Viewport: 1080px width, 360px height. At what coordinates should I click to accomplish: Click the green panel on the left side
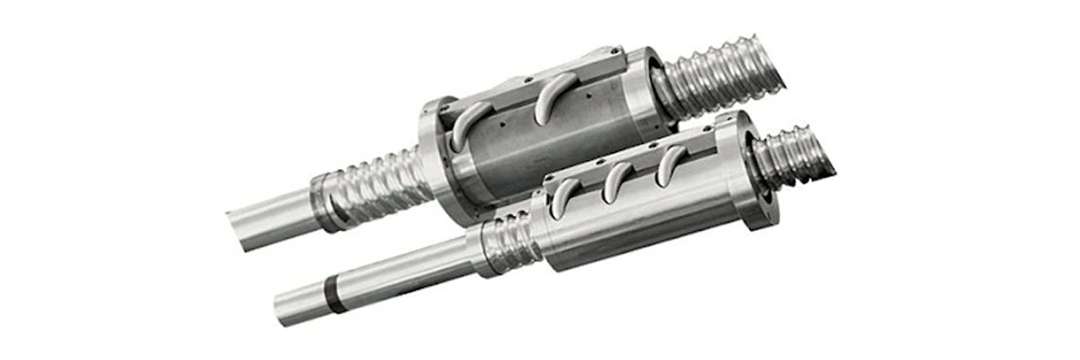[x=99, y=180]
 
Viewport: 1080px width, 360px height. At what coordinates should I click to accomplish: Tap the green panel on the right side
[x=981, y=180]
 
